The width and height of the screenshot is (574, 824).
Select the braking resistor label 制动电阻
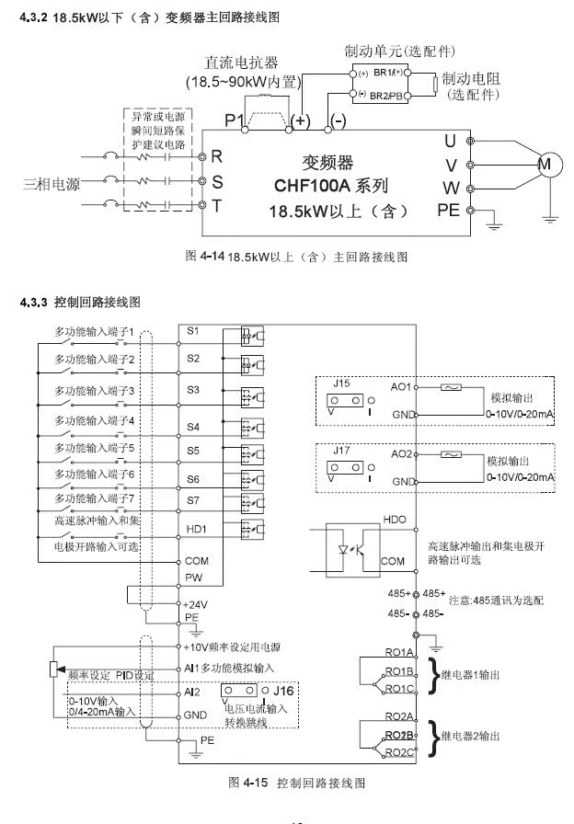pos(472,78)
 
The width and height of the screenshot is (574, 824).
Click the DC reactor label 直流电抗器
pos(242,63)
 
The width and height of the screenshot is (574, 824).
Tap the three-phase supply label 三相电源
pos(52,182)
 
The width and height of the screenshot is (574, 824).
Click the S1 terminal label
pos(192,330)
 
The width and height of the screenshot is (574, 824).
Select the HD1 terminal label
pos(195,529)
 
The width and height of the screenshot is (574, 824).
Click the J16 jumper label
pos(288,689)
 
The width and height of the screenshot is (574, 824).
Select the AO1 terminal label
pos(402,388)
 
